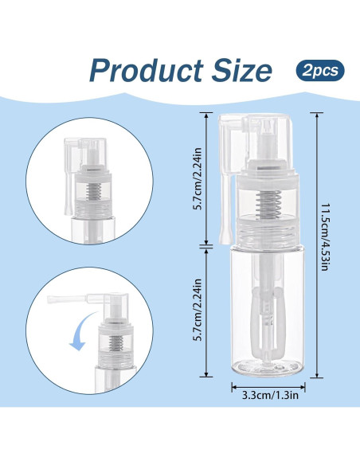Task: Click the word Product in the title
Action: [146, 71]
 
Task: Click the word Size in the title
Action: [241, 70]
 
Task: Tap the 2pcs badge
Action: [320, 71]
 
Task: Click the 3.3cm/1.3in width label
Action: [270, 395]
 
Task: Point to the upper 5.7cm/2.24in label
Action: [198, 178]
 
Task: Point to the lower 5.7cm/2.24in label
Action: [198, 310]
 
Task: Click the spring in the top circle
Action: [94, 191]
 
